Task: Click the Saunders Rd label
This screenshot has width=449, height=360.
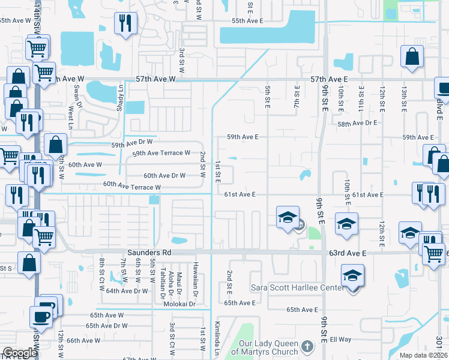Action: [149, 253]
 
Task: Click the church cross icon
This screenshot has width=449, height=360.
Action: [307, 346]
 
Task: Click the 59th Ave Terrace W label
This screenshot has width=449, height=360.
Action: [161, 154]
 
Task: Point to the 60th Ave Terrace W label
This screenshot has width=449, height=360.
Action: [131, 186]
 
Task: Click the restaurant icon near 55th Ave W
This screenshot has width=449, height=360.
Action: [125, 25]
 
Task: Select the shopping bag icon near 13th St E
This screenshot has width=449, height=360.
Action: [413, 58]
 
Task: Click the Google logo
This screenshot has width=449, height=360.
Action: [20, 353]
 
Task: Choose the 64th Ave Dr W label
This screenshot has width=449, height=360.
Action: [128, 291]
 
